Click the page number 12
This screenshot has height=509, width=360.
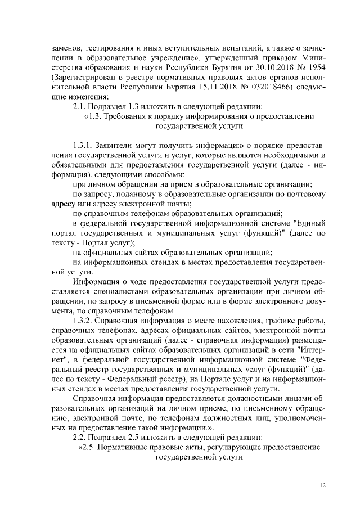[322, 485]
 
